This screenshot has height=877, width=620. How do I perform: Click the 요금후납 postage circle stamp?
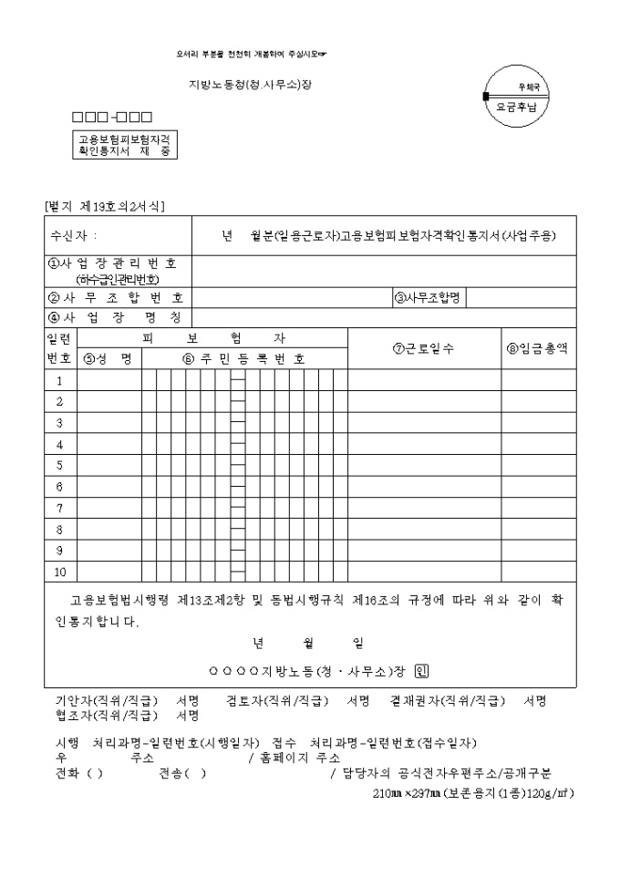(x=517, y=97)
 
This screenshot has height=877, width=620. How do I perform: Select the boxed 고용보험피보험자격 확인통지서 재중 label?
(x=125, y=144)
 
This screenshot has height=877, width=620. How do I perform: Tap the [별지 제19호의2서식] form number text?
(x=104, y=207)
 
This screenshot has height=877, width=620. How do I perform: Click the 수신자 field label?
(x=74, y=236)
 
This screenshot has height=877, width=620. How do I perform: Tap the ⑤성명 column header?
(x=108, y=358)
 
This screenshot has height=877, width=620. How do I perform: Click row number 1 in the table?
(x=60, y=380)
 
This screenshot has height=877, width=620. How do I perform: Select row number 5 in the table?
(x=60, y=466)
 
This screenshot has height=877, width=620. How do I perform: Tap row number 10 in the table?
(x=60, y=573)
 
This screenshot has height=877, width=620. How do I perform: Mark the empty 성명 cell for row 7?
(x=108, y=509)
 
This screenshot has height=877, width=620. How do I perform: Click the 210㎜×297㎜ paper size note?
(x=473, y=793)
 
